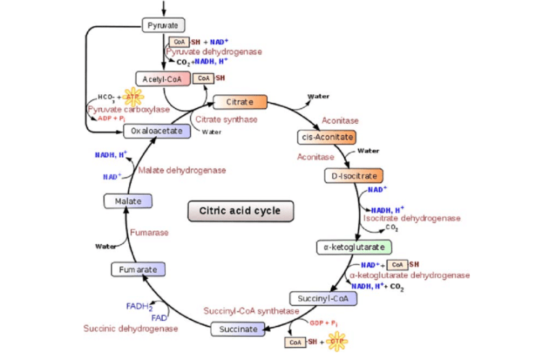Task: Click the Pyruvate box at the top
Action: pos(163,26)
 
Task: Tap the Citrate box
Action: pos(239,102)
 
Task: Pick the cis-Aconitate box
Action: pos(327,138)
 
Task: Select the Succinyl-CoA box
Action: pos(323,298)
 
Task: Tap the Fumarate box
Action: pos(138,269)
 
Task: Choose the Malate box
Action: pos(127,201)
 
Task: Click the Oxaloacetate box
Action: pos(156,131)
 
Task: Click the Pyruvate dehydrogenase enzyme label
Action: pos(214,52)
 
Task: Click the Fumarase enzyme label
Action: pos(149,233)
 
